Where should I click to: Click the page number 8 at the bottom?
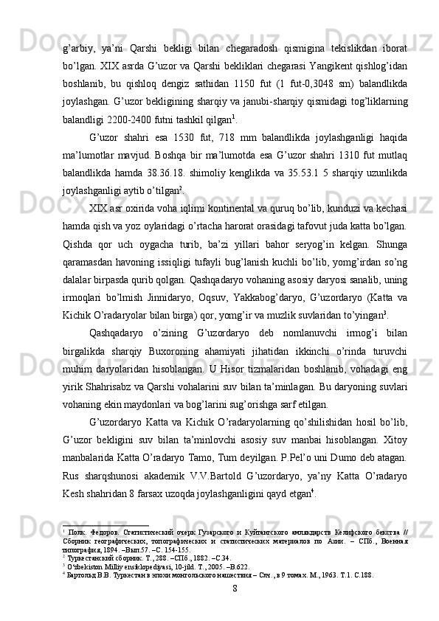(x=234, y=589)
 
